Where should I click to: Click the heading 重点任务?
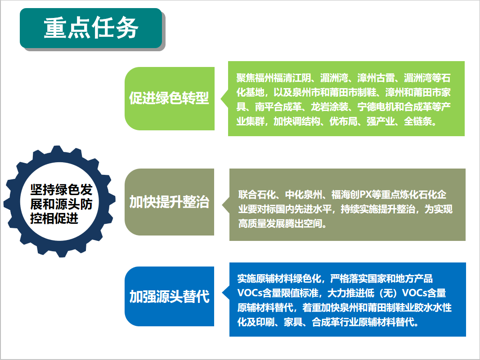[91, 27]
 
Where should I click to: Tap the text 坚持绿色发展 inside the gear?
[61, 197]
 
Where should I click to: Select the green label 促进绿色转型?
[169, 98]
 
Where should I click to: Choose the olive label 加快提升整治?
[169, 202]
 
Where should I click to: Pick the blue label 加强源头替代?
[169, 296]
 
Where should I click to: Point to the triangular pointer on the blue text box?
[226, 293]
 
